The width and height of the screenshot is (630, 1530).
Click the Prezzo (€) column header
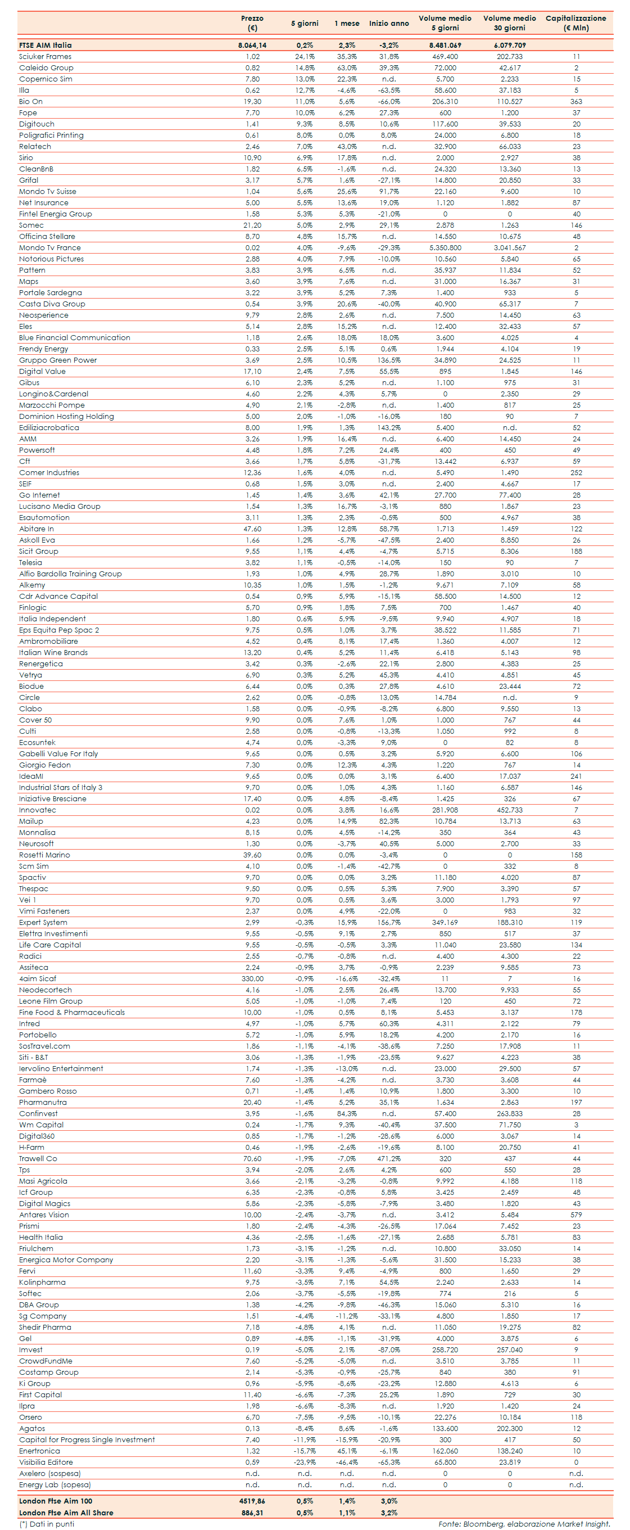252,23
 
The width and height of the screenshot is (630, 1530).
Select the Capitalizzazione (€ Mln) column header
575,23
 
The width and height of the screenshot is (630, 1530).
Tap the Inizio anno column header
389,24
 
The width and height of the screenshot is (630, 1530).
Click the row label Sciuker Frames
45,57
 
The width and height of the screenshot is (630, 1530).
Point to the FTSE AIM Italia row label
45,45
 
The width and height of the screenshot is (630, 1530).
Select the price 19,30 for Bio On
252,102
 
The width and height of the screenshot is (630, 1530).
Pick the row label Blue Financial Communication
74,338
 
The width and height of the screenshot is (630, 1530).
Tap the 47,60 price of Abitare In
252,529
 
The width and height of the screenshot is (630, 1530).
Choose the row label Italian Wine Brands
53,653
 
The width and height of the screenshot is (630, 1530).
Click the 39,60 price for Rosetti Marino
252,855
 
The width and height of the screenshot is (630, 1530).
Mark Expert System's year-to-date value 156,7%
389,923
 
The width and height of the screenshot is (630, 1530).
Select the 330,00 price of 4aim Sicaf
252,979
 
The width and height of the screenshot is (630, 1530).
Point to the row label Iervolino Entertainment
61,1069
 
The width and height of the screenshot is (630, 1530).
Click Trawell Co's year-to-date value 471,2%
389,1159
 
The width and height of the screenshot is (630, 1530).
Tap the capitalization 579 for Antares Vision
576,1215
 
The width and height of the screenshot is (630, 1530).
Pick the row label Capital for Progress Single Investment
87,1439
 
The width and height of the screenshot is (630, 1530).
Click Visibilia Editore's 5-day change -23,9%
305,1463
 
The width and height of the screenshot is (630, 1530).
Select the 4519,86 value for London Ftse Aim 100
252,1501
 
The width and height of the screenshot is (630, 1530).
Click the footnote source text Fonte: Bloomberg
470,1524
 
